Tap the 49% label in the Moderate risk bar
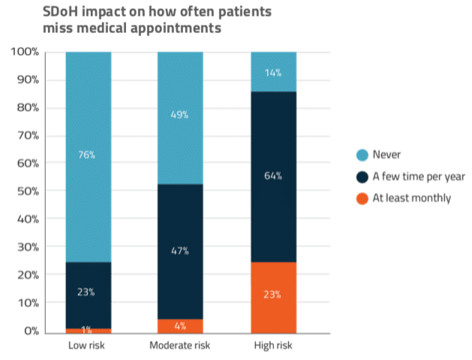(x=180, y=115)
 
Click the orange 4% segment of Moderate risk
(x=180, y=326)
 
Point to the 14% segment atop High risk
(x=272, y=72)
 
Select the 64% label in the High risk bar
(x=272, y=176)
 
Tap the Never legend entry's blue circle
(x=362, y=155)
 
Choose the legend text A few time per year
(x=420, y=177)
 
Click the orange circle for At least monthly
(x=362, y=199)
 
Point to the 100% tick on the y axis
(x=26, y=52)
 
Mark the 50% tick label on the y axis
(x=28, y=191)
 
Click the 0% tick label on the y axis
(x=31, y=331)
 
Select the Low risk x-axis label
(x=89, y=346)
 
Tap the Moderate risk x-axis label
(x=180, y=346)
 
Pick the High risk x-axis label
(x=272, y=346)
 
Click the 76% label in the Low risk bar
(x=89, y=155)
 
